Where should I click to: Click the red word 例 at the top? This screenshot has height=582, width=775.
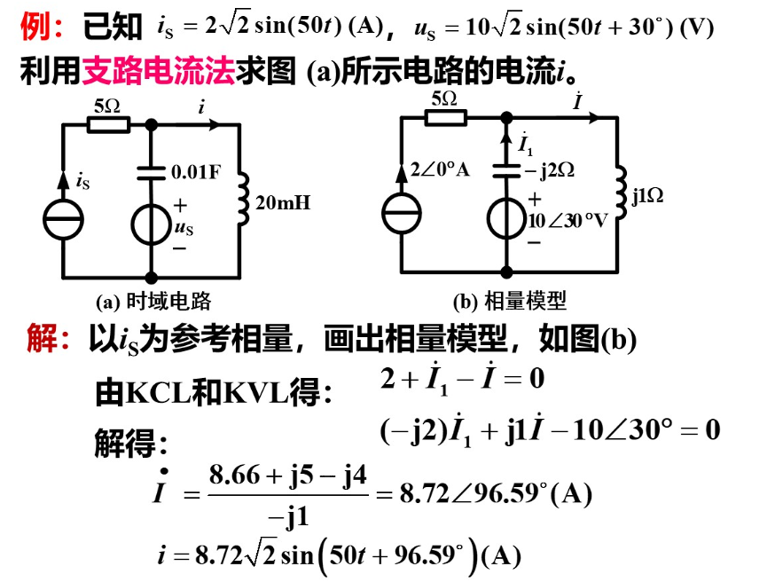[x=34, y=28]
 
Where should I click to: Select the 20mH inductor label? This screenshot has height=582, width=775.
[x=283, y=203]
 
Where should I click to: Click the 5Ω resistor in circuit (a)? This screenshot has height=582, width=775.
[x=107, y=125]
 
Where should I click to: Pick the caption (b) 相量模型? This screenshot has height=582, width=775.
[x=509, y=302]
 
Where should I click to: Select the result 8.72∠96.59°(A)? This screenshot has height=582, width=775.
[x=496, y=494]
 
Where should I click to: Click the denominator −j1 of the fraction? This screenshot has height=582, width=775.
[x=287, y=516]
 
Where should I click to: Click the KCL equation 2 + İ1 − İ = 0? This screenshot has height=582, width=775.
[x=461, y=380]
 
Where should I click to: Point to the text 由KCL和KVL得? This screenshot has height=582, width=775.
[x=213, y=391]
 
